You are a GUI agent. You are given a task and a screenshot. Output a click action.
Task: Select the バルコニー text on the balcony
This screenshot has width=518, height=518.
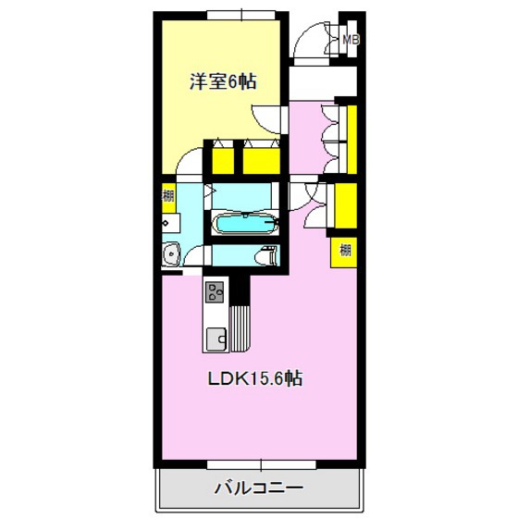[x=260, y=485]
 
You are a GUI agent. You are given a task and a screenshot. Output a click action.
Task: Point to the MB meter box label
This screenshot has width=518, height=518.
[x=351, y=40]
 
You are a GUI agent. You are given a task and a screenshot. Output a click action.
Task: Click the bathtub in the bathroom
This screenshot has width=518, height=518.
[x=244, y=224]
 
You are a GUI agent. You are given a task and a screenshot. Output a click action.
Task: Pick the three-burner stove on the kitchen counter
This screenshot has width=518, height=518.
[x=216, y=293]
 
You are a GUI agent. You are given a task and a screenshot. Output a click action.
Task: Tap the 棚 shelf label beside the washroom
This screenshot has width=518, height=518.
[x=168, y=195]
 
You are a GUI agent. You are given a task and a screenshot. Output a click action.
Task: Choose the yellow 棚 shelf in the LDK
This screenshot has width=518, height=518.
[x=344, y=248]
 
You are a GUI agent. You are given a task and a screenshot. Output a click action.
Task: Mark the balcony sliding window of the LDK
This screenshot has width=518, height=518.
[x=260, y=460]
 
